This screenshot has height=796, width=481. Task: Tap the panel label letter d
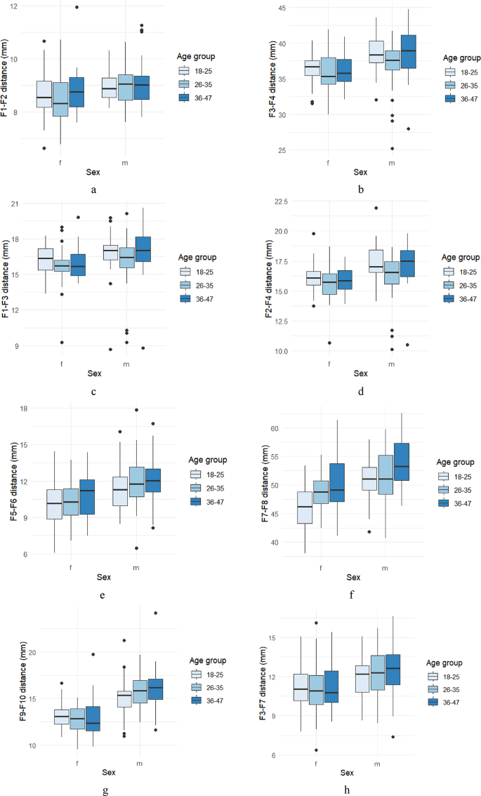click(x=360, y=392)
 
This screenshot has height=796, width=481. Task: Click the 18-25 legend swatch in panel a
click(x=184, y=70)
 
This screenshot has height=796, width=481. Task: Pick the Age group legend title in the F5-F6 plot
click(x=210, y=459)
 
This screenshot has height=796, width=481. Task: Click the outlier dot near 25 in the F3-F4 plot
click(x=392, y=148)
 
